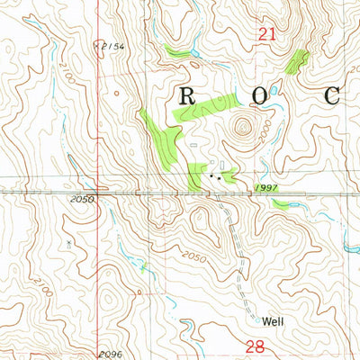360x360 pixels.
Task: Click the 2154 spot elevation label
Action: pos(112,44)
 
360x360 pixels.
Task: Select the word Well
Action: pos(275,319)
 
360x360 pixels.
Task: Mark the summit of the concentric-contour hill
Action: pos(241,125)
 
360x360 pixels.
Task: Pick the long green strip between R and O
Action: pos(207,109)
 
